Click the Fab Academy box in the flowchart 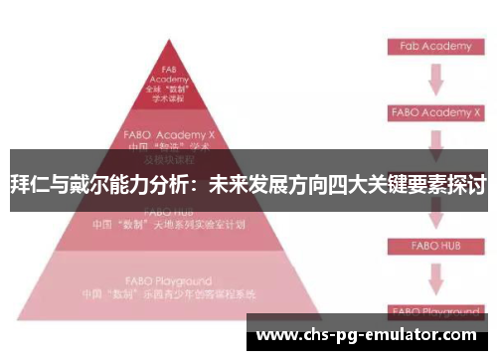434,46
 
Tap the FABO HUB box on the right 433,243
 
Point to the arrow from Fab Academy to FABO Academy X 434,80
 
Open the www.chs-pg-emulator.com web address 367,335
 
